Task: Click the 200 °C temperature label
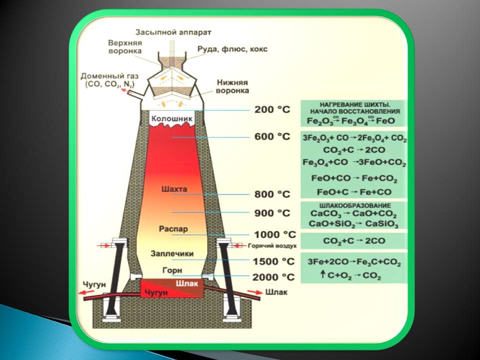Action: point(272,110)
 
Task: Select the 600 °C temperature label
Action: point(272,137)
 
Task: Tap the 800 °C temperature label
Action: point(272,193)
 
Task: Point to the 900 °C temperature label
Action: point(272,213)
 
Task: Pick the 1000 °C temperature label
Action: point(274,234)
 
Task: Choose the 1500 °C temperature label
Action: point(274,261)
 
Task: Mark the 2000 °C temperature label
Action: point(274,277)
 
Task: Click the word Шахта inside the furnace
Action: point(174,189)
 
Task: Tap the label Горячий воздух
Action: point(273,246)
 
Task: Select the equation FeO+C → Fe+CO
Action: point(354,192)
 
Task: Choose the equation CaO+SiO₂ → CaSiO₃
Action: point(354,224)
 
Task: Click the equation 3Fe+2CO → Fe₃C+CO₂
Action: point(354,262)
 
